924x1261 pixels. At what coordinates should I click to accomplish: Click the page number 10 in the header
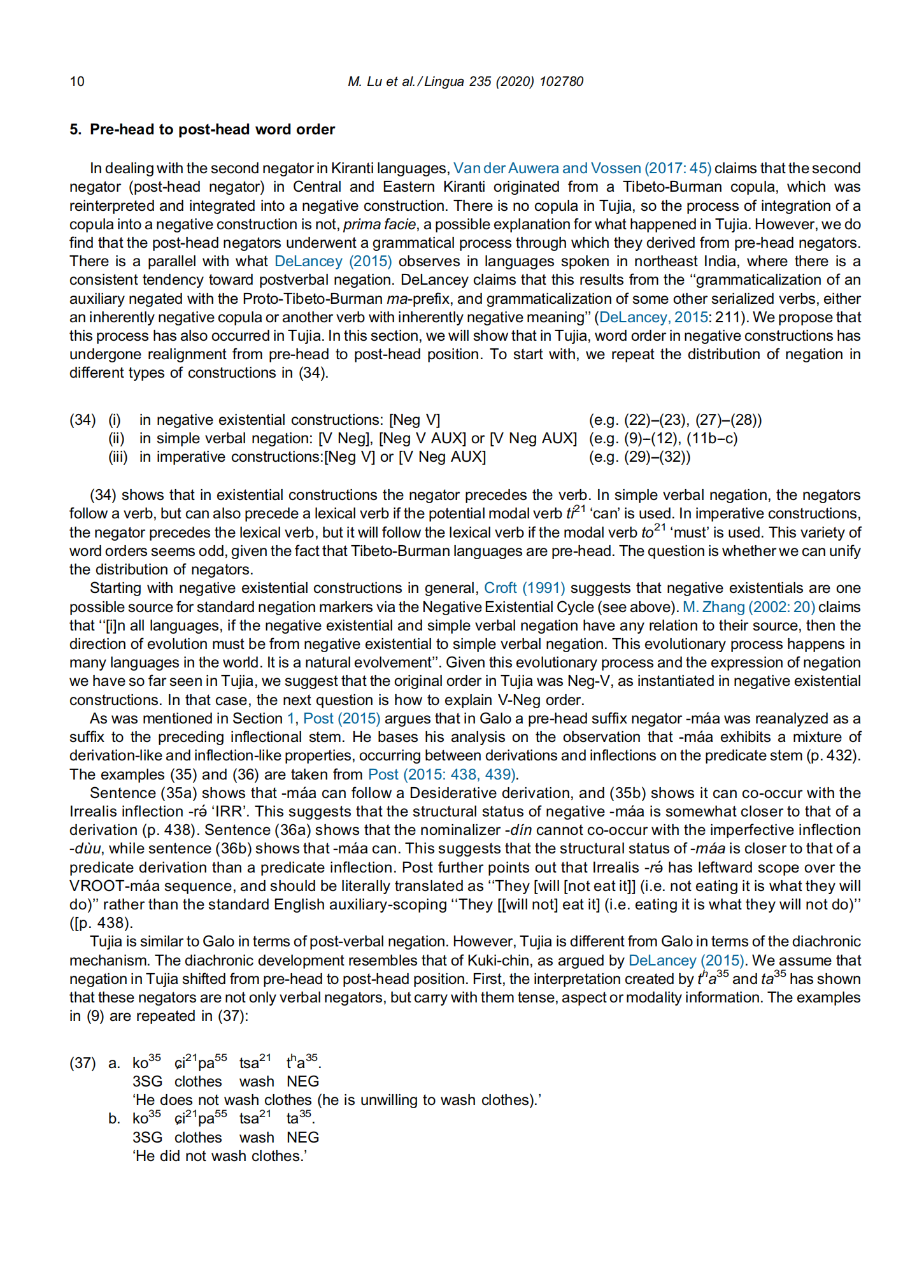[x=76, y=82]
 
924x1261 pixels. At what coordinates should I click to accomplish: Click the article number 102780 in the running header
[x=560, y=82]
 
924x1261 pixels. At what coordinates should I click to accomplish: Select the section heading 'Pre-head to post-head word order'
[x=212, y=129]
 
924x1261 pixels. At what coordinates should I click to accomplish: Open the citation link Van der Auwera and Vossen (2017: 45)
[x=582, y=168]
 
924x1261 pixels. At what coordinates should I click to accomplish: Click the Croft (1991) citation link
[x=524, y=588]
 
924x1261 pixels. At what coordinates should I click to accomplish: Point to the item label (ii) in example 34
[x=117, y=438]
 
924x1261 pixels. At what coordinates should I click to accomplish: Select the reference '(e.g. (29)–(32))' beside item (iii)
[x=639, y=457]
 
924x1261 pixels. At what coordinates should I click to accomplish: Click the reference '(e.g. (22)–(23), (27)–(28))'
[x=675, y=420]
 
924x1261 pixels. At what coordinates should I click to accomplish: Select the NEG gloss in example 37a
[x=302, y=1081]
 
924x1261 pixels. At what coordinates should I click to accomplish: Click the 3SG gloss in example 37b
[x=147, y=1137]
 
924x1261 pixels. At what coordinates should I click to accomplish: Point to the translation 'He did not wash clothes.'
[x=220, y=1156]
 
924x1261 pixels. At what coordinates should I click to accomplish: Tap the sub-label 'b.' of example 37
[x=114, y=1119]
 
